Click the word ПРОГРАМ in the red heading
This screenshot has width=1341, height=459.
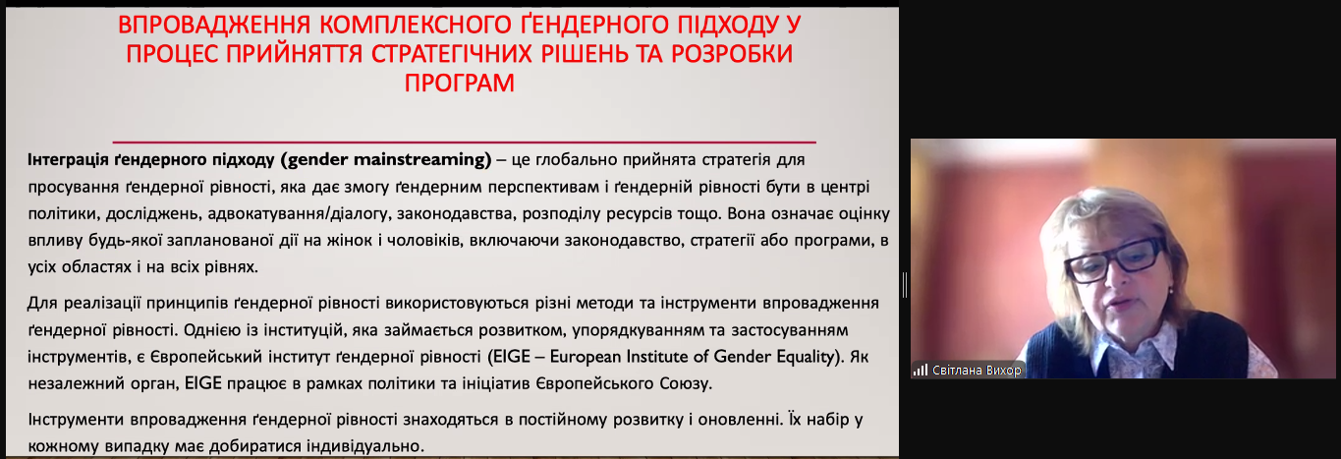pos(459,83)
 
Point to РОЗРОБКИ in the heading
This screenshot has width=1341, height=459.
pos(732,54)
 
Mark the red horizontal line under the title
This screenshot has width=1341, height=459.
pos(465,142)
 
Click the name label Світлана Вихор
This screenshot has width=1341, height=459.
pos(977,371)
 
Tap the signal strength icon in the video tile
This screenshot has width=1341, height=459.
pos(921,371)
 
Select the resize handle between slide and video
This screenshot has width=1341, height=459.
pos(905,285)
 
